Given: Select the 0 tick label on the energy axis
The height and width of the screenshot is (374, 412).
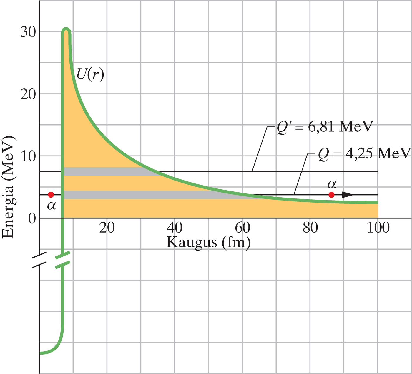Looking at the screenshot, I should pos(31,218).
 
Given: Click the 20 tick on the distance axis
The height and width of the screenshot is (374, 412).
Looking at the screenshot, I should pos(107,228).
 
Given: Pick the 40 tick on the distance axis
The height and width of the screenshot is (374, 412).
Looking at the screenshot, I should pos(175,228).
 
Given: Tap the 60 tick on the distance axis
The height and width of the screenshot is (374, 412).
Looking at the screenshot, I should pos(243,228).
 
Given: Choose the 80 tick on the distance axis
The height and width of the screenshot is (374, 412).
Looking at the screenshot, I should pos(310,228).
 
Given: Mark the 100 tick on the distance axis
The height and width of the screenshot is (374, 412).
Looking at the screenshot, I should pos(378,228).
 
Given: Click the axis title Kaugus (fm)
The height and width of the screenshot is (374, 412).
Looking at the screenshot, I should pos(208,243).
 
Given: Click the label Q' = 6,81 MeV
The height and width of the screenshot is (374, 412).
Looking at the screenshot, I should pos(325,127).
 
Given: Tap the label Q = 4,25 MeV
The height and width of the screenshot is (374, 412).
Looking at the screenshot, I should pos(364,153).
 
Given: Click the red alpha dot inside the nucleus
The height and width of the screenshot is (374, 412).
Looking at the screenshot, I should pos(51,195).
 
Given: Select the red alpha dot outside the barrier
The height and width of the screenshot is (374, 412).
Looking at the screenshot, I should pos(332,195).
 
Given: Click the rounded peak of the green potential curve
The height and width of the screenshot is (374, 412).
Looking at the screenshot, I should pos(66,30).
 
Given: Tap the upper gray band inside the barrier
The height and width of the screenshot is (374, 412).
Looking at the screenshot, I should pos(109,171).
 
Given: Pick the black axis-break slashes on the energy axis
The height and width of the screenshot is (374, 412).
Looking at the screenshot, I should pos(39,260).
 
